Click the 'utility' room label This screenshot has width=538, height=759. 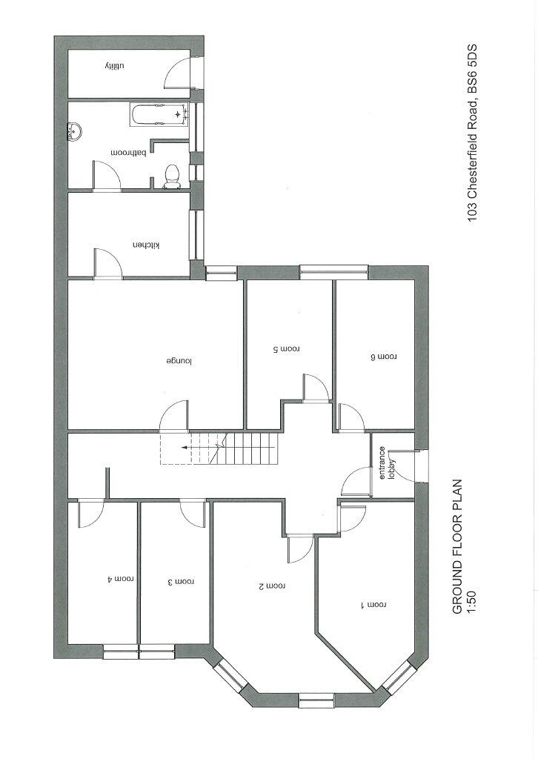pos(112,67)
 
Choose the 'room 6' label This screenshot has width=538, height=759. pos(383,357)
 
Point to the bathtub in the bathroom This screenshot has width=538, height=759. pos(159,114)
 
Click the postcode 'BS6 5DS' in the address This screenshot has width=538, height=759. pos(473,73)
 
